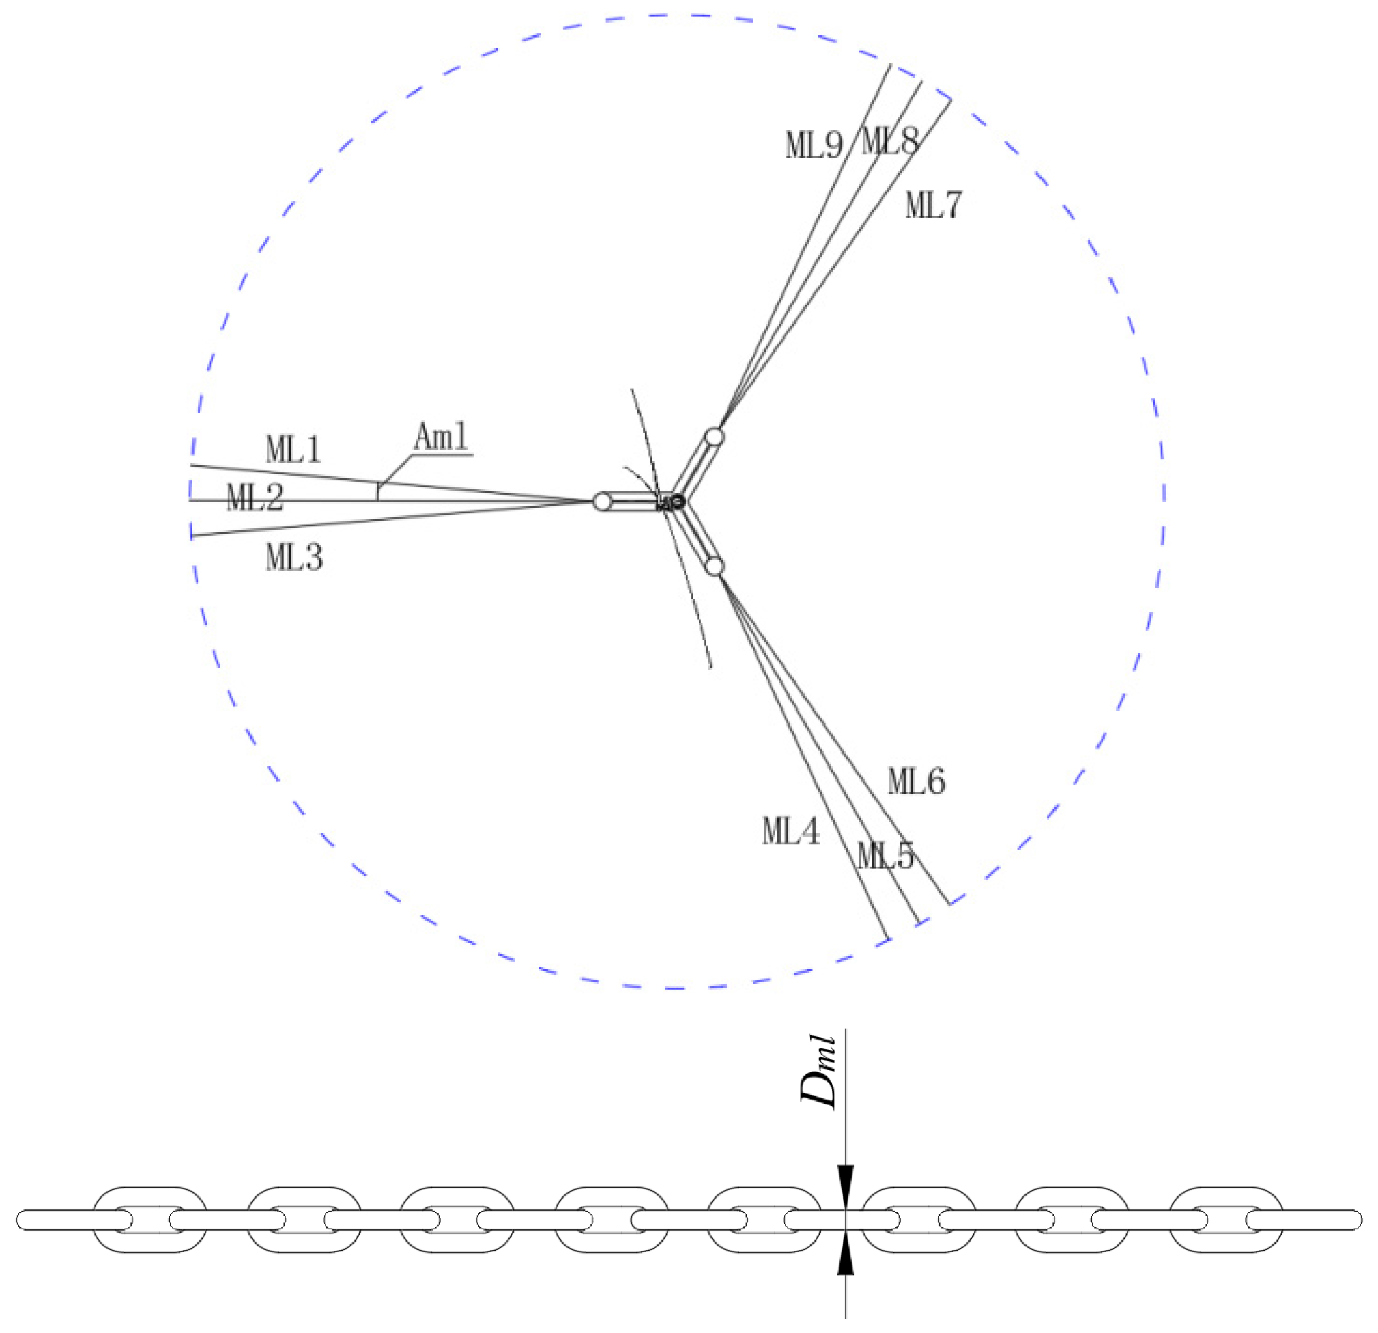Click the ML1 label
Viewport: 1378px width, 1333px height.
click(x=293, y=449)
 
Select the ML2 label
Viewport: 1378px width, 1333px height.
click(x=255, y=498)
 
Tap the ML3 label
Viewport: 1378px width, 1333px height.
click(x=294, y=558)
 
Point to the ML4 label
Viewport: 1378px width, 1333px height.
click(x=791, y=832)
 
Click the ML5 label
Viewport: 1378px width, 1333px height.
click(x=885, y=856)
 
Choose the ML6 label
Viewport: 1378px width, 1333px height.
click(x=916, y=781)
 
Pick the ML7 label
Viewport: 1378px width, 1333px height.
click(x=932, y=205)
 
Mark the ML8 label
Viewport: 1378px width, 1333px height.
click(x=889, y=142)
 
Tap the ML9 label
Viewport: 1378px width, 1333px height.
click(x=814, y=145)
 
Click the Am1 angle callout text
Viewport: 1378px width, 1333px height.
click(x=441, y=438)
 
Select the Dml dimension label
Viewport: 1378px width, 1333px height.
click(x=819, y=1073)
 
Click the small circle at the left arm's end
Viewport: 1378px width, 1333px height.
click(x=603, y=501)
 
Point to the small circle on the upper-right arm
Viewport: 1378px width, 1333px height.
click(x=715, y=437)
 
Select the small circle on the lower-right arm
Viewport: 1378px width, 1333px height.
click(x=715, y=565)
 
